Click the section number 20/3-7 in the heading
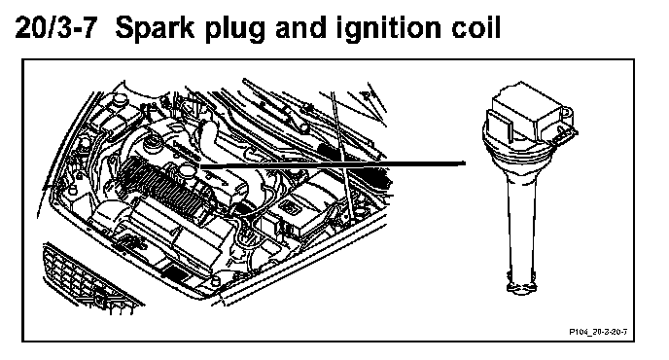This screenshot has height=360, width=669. [x=54, y=28]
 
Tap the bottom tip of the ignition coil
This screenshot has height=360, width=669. [x=522, y=290]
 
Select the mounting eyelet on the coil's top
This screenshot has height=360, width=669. [x=565, y=112]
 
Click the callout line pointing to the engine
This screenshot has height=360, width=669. [x=333, y=163]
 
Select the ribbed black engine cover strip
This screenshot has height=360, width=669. [x=164, y=187]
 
